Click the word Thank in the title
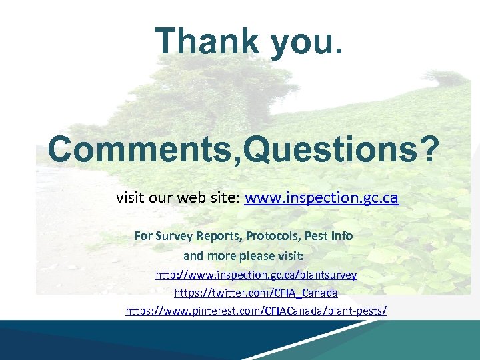206,41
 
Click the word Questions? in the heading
342,149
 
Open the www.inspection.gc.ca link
321,198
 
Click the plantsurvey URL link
256,275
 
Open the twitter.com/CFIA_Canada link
256,293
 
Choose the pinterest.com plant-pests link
256,311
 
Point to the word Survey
174,236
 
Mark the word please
261,255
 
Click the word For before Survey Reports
144,236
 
